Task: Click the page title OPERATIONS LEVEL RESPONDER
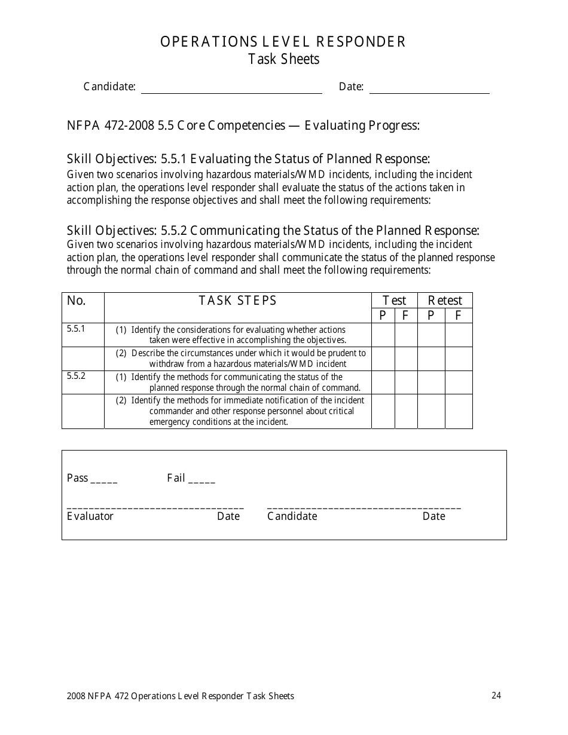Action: point(283,42)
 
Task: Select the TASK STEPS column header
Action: point(238,301)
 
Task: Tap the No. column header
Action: point(77,301)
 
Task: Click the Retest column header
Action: point(445,301)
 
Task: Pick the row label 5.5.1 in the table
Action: point(76,329)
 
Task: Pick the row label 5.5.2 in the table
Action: point(76,376)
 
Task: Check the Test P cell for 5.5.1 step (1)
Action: point(383,335)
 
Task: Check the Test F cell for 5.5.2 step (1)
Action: point(406,382)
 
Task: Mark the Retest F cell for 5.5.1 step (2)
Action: point(459,359)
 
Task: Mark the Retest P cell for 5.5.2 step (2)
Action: point(431,411)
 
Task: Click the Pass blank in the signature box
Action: point(105,479)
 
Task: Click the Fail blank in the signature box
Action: point(201,479)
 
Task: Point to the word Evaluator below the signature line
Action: point(90,516)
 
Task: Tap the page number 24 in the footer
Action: point(496,695)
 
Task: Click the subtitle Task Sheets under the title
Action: point(284,59)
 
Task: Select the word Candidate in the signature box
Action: point(292,516)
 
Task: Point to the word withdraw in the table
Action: point(166,363)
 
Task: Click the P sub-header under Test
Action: point(383,316)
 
